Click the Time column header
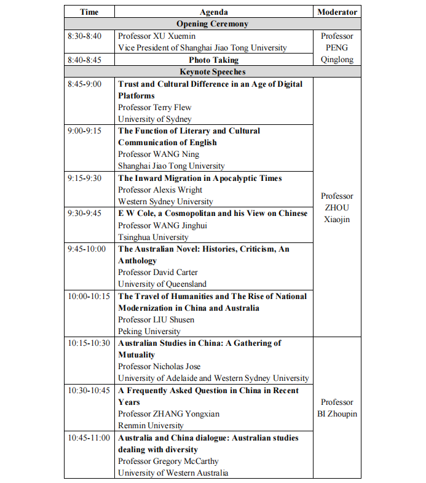coord(90,12)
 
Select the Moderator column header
coord(337,12)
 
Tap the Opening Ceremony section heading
coord(213,24)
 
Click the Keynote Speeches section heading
coord(213,72)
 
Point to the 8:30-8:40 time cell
coord(85,36)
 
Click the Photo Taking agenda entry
coord(213,60)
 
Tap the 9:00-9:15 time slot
coord(85,131)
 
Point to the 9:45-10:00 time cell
coord(87,249)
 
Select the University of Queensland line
coord(162,284)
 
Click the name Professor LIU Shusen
coord(156,320)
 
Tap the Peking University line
coord(149,332)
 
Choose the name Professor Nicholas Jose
coord(159,367)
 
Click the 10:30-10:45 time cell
coord(89,391)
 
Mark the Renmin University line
coord(151,426)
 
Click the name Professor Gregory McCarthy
coord(168,461)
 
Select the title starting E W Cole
coord(213,214)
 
